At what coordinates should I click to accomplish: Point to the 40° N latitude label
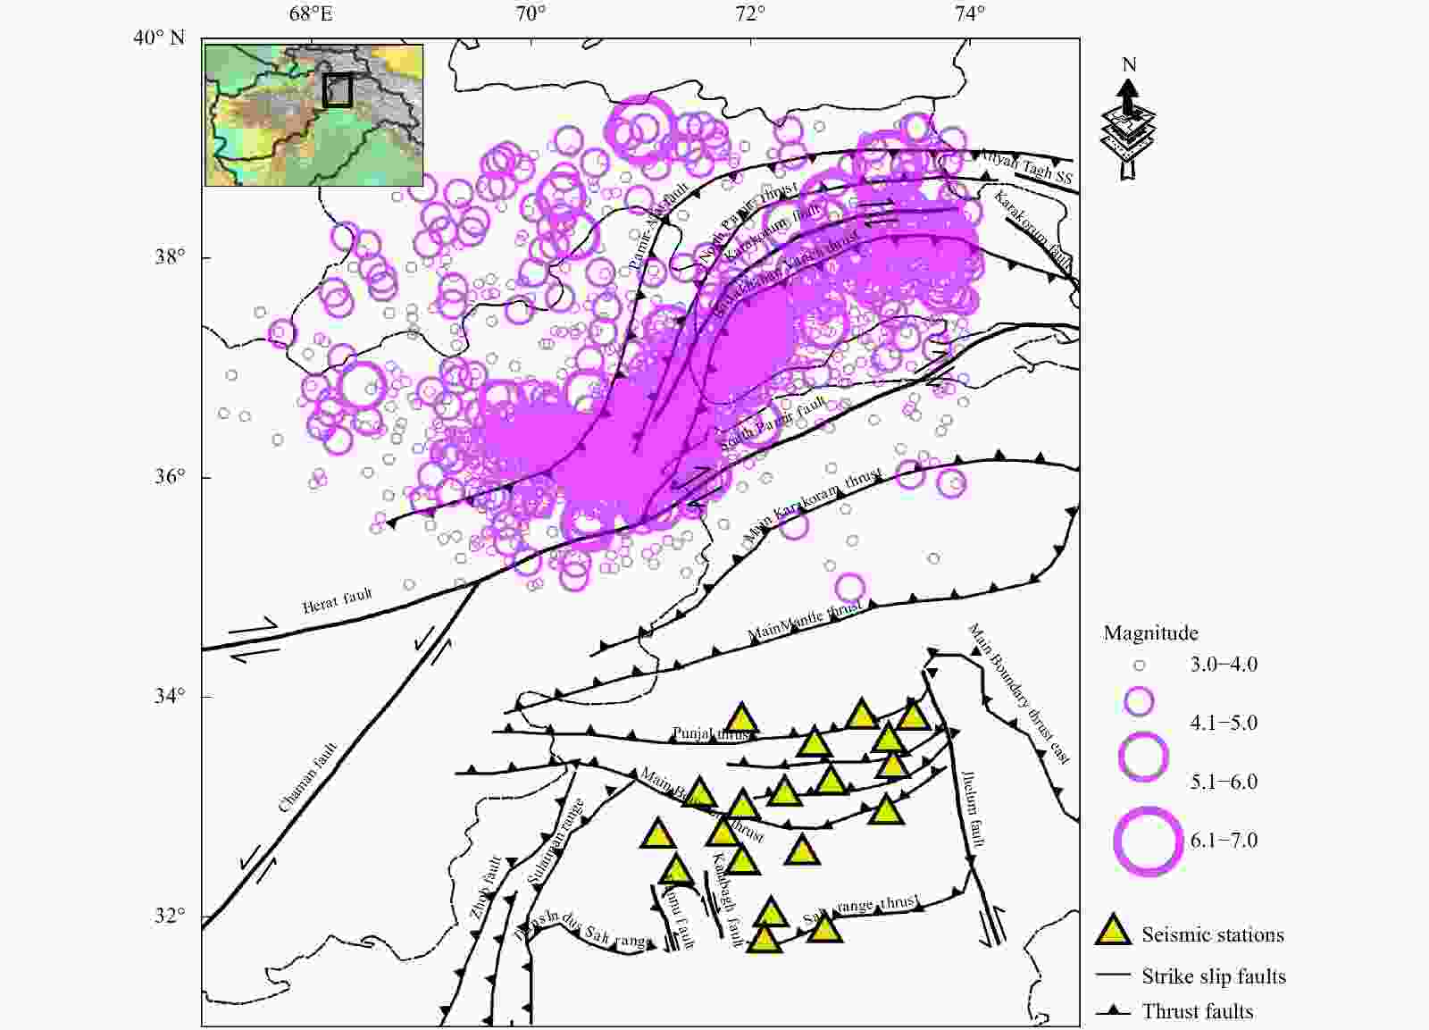[159, 38]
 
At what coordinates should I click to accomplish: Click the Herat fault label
[337, 600]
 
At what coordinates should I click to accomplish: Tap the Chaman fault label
[308, 777]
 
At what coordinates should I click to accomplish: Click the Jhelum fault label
[974, 808]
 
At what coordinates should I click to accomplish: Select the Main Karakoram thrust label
[813, 506]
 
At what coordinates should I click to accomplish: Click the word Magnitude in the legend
[1150, 633]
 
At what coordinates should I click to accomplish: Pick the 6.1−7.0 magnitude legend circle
[1148, 841]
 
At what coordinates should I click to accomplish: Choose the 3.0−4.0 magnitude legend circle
[1139, 666]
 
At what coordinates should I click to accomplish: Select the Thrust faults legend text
[1197, 1011]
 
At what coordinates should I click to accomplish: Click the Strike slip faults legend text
[1213, 976]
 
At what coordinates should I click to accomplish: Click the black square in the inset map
[338, 90]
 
